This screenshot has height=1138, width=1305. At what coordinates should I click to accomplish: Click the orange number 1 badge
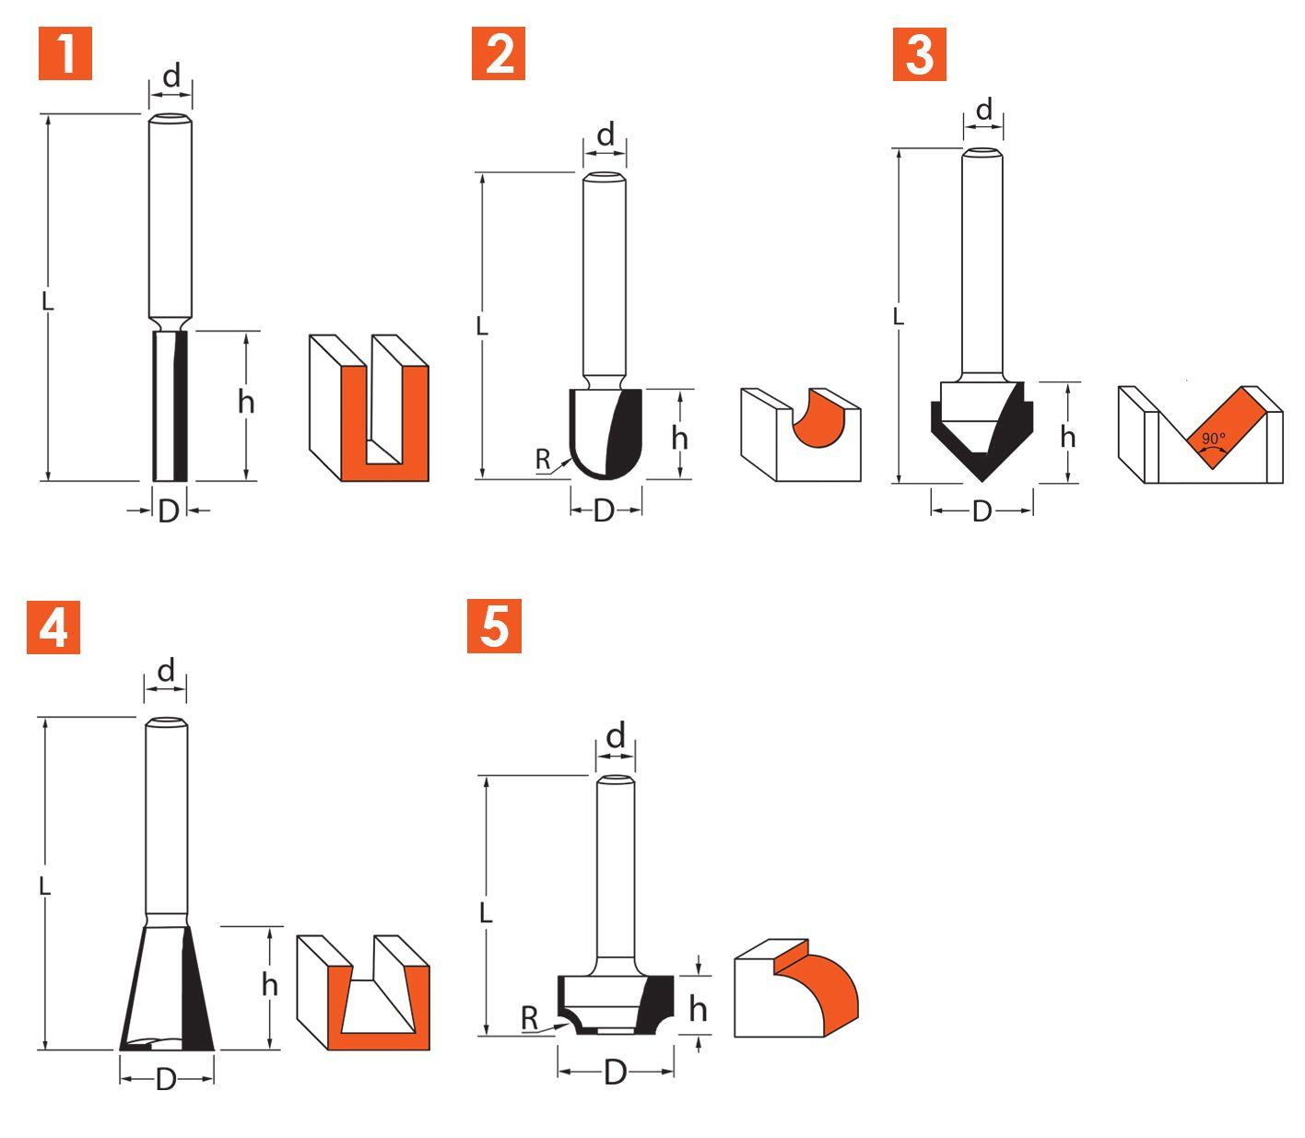65,53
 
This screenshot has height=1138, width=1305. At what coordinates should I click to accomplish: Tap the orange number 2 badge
499,53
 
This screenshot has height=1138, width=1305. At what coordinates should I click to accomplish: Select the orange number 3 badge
919,54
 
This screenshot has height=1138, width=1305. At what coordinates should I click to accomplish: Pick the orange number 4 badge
53,628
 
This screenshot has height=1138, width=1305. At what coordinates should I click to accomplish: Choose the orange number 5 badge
494,626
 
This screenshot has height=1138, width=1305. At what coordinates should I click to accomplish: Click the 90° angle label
1213,439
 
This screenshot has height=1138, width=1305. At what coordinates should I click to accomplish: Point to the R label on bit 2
543,459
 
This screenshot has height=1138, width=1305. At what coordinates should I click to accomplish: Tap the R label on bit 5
529,1018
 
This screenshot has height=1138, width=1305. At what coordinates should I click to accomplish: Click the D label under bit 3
982,511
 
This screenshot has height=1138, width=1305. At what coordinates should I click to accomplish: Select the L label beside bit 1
47,301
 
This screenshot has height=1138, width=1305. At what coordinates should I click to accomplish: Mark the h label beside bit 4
270,984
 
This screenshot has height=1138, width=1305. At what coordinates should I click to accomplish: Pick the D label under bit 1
168,511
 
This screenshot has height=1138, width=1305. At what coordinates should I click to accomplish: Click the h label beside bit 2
680,438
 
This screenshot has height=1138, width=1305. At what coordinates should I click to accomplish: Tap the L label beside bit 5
486,913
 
